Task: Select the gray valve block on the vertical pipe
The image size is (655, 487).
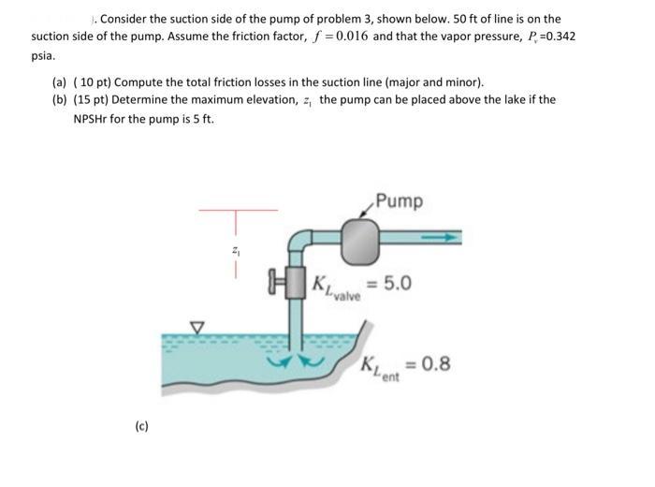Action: pos(299,281)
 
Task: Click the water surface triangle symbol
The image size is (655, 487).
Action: pos(196,327)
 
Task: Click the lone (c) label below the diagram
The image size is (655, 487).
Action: pos(140,427)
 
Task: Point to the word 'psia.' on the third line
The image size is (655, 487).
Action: pos(44,54)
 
